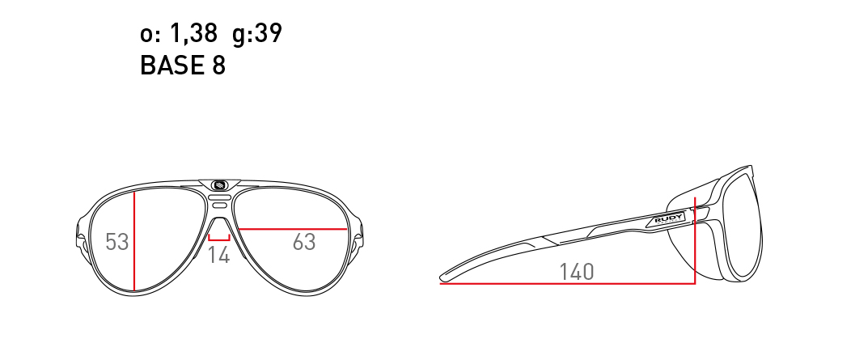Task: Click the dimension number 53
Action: [116, 242]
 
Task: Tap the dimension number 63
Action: [304, 242]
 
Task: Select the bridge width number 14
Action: [219, 255]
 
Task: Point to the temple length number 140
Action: [577, 272]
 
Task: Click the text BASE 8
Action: [182, 66]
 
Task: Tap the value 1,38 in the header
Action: [194, 34]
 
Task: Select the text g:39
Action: [257, 34]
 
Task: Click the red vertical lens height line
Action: [134, 240]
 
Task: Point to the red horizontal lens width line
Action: [293, 229]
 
